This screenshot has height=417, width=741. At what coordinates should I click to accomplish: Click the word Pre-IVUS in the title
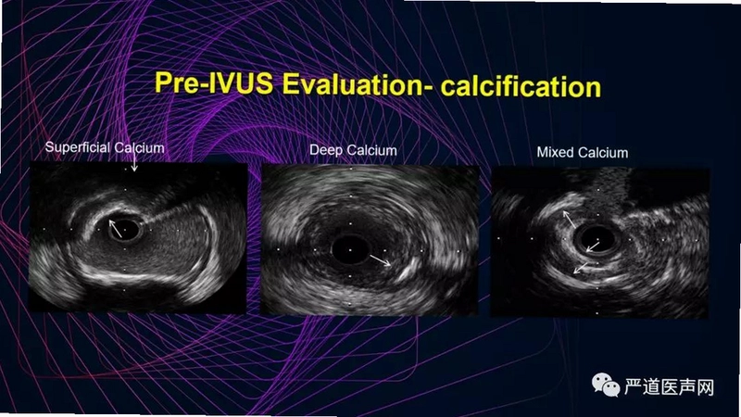[214, 83]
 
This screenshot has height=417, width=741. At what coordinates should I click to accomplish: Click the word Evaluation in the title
[357, 84]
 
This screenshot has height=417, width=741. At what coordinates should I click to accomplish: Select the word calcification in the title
[521, 86]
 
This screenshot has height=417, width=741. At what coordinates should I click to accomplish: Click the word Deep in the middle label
[326, 150]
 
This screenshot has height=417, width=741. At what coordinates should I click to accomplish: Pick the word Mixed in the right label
[555, 152]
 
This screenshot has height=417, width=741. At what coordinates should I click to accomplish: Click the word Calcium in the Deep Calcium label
[371, 150]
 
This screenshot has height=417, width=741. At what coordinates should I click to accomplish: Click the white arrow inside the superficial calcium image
[115, 228]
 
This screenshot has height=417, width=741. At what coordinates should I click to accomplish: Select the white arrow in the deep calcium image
[381, 260]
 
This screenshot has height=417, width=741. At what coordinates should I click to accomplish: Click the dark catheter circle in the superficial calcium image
[125, 229]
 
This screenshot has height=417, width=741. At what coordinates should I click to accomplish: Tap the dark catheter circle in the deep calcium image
[350, 249]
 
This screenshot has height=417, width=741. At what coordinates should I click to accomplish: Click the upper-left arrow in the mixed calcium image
[569, 220]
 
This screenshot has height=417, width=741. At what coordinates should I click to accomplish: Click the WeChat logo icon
[606, 385]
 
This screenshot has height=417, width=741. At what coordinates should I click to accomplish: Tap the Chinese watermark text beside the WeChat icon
[668, 386]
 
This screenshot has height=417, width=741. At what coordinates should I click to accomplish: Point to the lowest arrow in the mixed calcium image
[581, 268]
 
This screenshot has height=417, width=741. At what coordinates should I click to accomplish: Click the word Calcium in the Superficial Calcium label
[139, 148]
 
